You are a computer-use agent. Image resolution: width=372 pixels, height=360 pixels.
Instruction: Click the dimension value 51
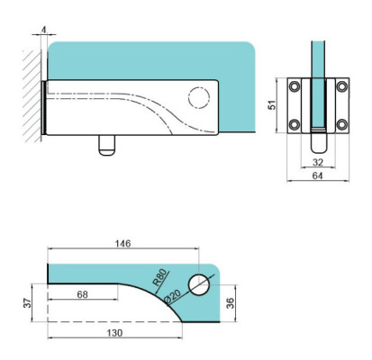coord(272,105)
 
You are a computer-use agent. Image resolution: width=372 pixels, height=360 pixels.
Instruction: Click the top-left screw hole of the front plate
coord(294,87)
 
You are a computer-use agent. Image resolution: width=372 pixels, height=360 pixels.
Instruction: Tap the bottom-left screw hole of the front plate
coord(294,124)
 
